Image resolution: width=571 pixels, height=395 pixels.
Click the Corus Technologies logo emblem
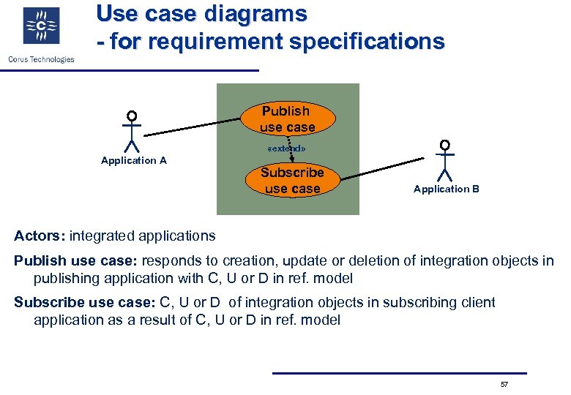(x=41, y=27)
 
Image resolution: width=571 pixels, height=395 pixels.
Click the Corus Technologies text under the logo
(x=41, y=59)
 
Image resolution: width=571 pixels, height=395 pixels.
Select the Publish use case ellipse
(x=287, y=119)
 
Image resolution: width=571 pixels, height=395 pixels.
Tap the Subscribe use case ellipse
(x=292, y=181)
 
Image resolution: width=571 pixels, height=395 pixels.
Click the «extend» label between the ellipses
(x=287, y=148)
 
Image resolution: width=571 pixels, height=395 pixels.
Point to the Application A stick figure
(x=132, y=132)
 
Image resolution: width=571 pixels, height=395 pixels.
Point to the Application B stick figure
(x=444, y=160)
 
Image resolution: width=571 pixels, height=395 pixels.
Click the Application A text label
(x=134, y=160)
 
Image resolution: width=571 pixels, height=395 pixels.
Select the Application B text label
(x=447, y=189)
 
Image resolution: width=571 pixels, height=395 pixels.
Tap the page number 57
(x=504, y=384)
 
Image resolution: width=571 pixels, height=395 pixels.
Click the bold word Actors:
(x=40, y=236)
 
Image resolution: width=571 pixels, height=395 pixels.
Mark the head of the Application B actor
(x=444, y=144)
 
